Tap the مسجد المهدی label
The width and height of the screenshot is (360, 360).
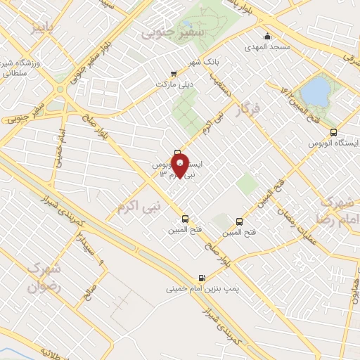click(x=267, y=47)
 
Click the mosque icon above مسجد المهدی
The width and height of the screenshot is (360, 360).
click(x=267, y=37)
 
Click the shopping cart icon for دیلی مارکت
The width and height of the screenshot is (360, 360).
click(x=174, y=72)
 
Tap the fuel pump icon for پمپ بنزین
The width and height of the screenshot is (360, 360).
click(x=202, y=277)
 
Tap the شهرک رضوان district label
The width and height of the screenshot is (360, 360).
click(x=44, y=277)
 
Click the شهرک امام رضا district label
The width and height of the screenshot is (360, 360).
click(x=341, y=210)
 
